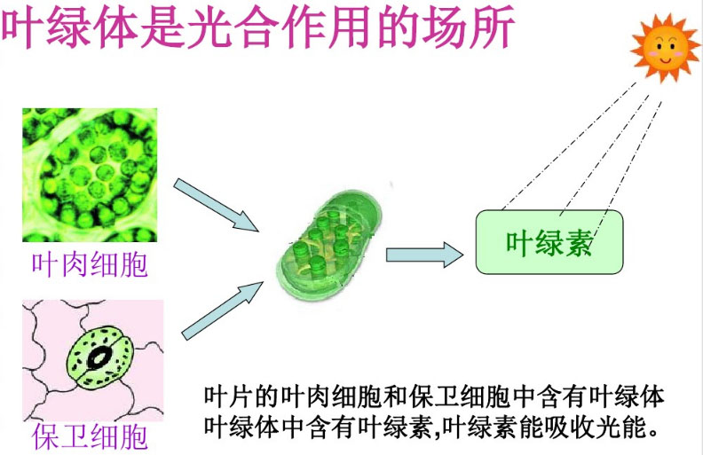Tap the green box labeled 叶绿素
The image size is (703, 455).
(549, 242)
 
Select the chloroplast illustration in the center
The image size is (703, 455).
(328, 245)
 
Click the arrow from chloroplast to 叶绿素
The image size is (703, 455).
(424, 255)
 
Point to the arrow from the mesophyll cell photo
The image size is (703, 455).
(216, 205)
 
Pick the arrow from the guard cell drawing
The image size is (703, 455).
(223, 310)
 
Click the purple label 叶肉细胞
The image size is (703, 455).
(90, 264)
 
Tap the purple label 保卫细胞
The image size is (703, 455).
(90, 436)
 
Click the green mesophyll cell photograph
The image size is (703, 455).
(90, 175)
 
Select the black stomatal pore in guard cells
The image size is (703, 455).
(99, 357)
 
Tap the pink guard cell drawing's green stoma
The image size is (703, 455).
(99, 357)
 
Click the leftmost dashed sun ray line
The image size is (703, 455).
(569, 145)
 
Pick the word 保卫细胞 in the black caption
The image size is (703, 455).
(459, 396)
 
